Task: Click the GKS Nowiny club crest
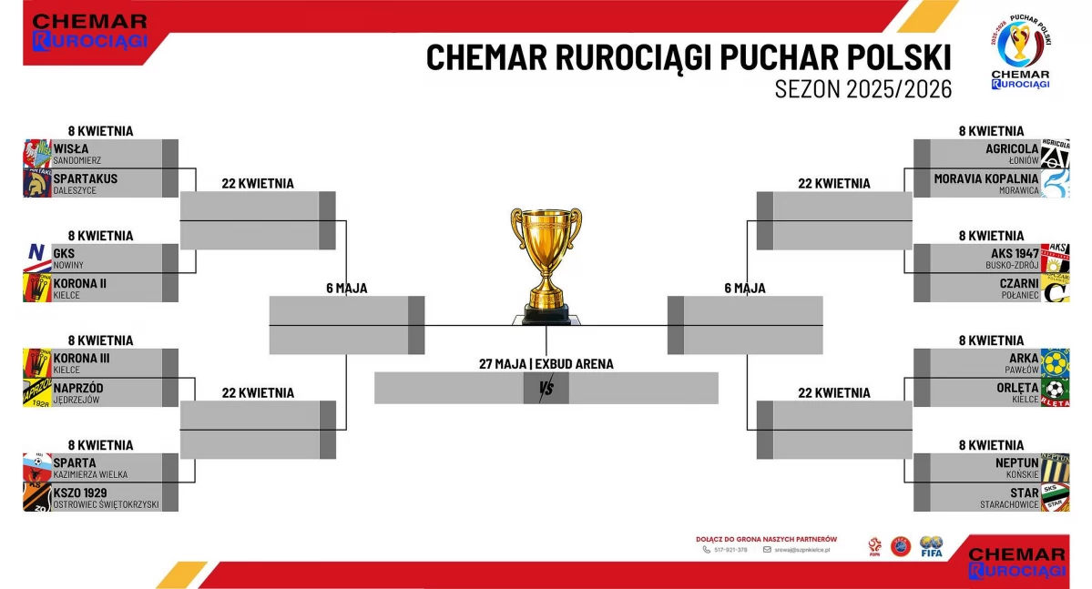(36, 258)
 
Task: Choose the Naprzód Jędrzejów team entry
(78, 392)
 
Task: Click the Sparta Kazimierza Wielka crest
(36, 467)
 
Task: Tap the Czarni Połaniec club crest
(1055, 288)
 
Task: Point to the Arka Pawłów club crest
(1055, 362)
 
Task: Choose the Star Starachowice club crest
(1055, 497)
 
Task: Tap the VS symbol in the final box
(546, 389)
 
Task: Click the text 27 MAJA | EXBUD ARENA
(546, 364)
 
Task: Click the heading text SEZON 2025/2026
(862, 89)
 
